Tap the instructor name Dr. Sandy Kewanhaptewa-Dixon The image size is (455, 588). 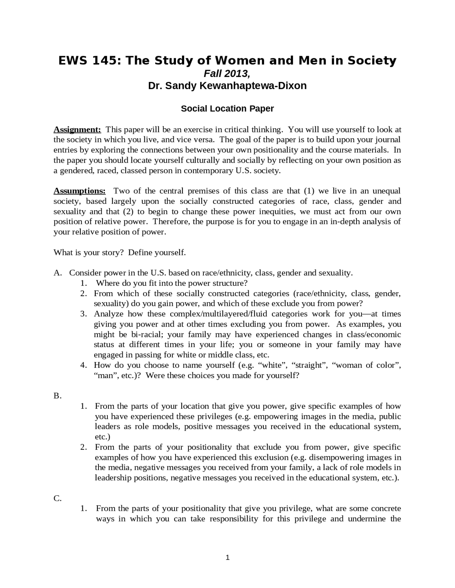tap(227, 86)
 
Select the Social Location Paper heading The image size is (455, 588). tap(227, 109)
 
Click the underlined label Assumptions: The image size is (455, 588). tap(79, 191)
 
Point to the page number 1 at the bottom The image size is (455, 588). tap(227, 558)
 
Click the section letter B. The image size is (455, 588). tap(57, 396)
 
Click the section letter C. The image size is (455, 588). tap(57, 499)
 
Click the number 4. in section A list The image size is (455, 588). tap(84, 365)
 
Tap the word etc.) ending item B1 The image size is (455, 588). tap(102, 437)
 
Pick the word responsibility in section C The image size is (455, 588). tap(234, 519)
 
